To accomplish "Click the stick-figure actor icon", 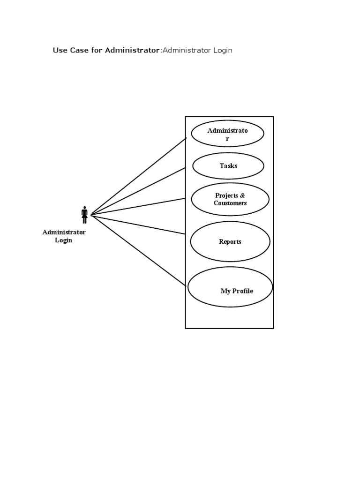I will (x=84, y=215).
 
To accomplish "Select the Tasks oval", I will (x=228, y=166).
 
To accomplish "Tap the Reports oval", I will (x=230, y=241).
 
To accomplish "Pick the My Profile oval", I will (x=230, y=287).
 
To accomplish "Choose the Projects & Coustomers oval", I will (x=230, y=199).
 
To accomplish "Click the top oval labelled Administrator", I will (x=228, y=134).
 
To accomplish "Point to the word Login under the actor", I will (x=64, y=240).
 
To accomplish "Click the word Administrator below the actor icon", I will (x=64, y=232).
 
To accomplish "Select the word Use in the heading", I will (x=60, y=50).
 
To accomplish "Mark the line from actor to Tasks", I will (x=138, y=191).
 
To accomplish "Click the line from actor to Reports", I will (x=138, y=225).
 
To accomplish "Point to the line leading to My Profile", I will (x=138, y=250).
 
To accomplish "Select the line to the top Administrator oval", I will (x=138, y=176).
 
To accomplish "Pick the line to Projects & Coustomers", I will (x=138, y=207).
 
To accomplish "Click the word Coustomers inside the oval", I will (x=230, y=203).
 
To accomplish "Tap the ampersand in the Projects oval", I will (x=242, y=195).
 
